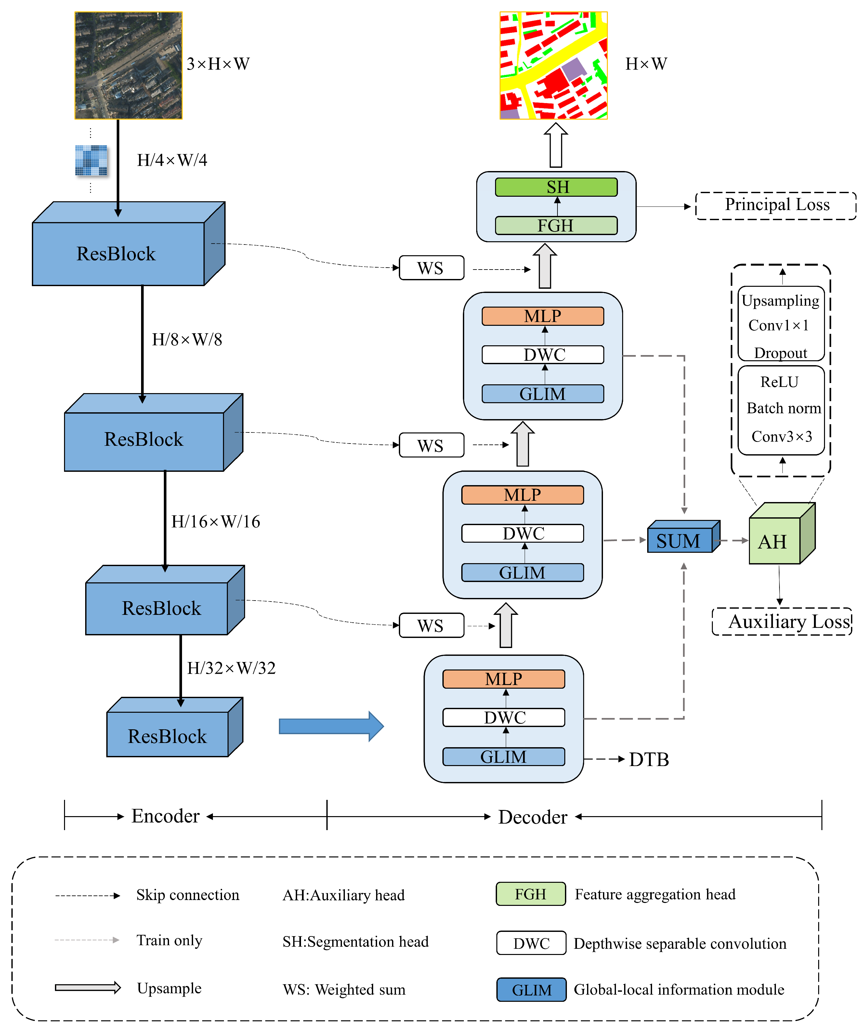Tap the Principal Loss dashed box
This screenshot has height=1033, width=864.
tap(776, 205)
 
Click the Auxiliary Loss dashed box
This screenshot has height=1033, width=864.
tap(782, 621)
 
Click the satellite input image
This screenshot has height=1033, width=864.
tap(128, 65)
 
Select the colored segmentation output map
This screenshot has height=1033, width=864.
tap(553, 65)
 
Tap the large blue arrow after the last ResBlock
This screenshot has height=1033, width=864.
tap(331, 725)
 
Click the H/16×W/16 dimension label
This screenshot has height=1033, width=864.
tap(216, 522)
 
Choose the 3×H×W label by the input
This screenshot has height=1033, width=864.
tap(218, 64)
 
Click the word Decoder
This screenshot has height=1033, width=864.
tap(532, 817)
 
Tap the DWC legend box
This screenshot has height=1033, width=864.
tap(531, 943)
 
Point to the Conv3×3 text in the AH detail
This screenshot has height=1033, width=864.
tap(781, 436)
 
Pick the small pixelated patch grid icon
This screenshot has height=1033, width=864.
tap(91, 160)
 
